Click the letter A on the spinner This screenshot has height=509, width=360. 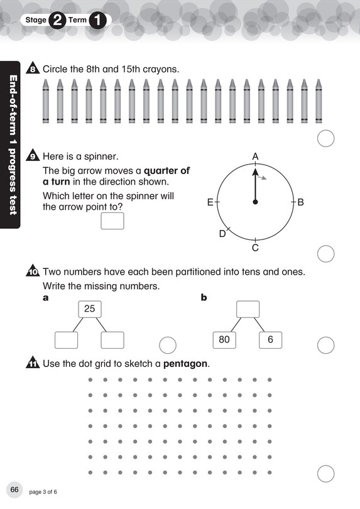pyautogui.click(x=255, y=156)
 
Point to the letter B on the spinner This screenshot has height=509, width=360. pyautogui.click(x=300, y=202)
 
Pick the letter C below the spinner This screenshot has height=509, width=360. pyautogui.click(x=255, y=248)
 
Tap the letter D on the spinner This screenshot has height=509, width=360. pyautogui.click(x=222, y=234)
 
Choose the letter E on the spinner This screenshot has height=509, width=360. pyautogui.click(x=210, y=202)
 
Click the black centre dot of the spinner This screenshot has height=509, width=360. pyautogui.click(x=255, y=202)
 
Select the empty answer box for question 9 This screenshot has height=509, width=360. pyautogui.click(x=112, y=221)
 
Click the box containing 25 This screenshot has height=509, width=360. pyautogui.click(x=89, y=309)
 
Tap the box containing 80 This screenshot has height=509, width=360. pyautogui.click(x=224, y=339)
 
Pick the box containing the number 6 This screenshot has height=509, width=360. pyautogui.click(x=270, y=339)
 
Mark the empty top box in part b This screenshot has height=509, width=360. pyautogui.click(x=248, y=309)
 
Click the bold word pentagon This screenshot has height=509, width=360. pyautogui.click(x=185, y=364)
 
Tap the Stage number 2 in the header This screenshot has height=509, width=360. pyautogui.click(x=57, y=20)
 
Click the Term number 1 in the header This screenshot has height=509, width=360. pyautogui.click(x=99, y=20)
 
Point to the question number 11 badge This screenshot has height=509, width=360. pyautogui.click(x=33, y=364)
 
